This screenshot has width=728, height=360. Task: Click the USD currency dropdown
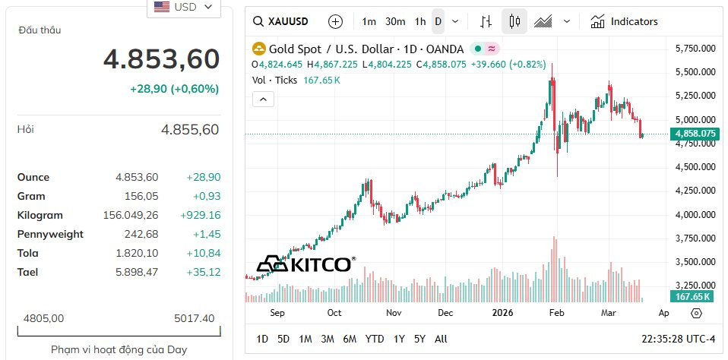coord(183,8)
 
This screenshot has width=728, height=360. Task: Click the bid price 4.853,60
coord(161,59)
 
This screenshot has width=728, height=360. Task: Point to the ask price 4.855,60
coord(189,130)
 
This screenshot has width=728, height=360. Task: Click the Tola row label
coord(27,253)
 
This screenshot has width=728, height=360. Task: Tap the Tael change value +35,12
coord(203,272)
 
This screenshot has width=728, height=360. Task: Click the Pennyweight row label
coord(50,234)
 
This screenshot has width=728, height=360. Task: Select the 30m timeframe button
coord(395,21)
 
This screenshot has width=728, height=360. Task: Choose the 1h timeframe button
coord(420,21)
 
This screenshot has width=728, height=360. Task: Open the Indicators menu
coord(624,21)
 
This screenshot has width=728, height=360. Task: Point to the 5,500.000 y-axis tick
coord(695,72)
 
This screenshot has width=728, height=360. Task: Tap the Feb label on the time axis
coord(556,312)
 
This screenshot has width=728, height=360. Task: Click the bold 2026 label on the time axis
coord(502,312)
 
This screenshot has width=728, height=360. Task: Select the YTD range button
coord(374,339)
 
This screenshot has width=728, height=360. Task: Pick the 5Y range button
coord(419,339)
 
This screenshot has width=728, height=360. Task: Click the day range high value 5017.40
coord(194,318)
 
